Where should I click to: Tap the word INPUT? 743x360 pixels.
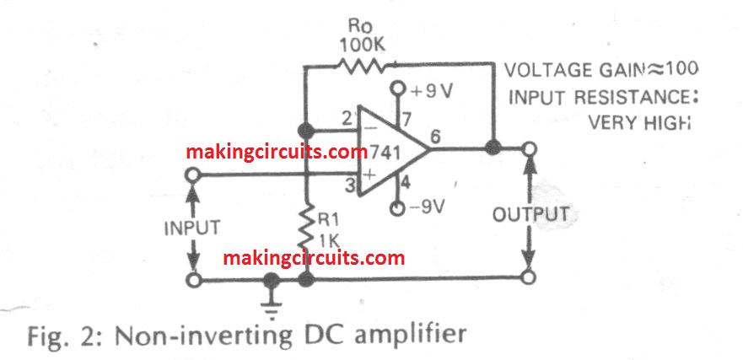click(193, 228)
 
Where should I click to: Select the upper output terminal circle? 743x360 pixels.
click(529, 150)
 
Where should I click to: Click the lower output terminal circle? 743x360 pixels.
click(529, 277)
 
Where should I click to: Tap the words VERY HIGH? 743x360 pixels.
click(638, 123)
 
